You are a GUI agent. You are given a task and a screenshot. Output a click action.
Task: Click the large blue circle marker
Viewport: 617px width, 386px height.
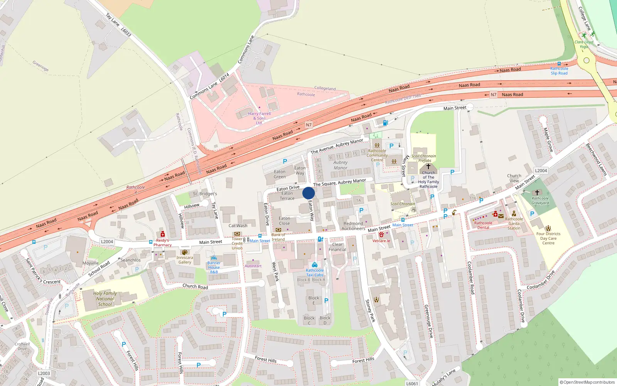(308, 193)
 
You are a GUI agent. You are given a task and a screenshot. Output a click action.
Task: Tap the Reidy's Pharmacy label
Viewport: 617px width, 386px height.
(162, 242)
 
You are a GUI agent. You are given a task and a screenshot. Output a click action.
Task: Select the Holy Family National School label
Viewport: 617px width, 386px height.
(105, 299)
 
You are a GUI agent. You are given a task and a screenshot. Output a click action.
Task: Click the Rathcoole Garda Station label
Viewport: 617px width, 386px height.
(514, 223)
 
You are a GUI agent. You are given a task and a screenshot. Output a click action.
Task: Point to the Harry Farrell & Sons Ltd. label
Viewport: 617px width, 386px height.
(259, 118)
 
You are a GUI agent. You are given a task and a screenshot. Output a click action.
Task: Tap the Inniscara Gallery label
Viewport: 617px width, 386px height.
(185, 260)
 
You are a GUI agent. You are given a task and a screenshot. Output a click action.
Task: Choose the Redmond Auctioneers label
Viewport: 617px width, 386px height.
(353, 226)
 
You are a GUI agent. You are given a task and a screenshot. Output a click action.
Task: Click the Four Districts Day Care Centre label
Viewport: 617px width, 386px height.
(548, 238)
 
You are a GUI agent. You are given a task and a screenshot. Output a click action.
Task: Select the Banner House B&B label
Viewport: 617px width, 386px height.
(214, 267)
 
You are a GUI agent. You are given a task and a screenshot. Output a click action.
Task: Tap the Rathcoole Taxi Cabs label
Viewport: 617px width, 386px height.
(315, 273)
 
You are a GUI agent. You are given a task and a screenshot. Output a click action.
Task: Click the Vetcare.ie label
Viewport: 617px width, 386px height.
(381, 241)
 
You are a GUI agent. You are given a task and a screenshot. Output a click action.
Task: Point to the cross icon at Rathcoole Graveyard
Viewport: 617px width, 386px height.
(537, 192)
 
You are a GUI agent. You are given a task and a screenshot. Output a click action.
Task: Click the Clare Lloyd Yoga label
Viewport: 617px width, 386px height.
(584, 44)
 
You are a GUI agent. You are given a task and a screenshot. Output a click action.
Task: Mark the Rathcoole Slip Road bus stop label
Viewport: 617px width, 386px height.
(559, 71)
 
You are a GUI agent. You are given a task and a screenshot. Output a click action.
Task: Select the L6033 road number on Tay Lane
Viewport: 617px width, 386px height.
(126, 32)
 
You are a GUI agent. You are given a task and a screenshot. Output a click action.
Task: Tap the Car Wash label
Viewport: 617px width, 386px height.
(238, 226)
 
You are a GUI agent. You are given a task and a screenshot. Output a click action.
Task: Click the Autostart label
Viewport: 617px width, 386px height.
(253, 266)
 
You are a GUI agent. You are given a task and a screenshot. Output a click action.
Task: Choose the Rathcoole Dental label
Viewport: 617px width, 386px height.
(483, 225)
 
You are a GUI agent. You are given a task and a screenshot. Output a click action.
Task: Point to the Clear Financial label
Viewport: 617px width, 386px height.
(337, 247)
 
